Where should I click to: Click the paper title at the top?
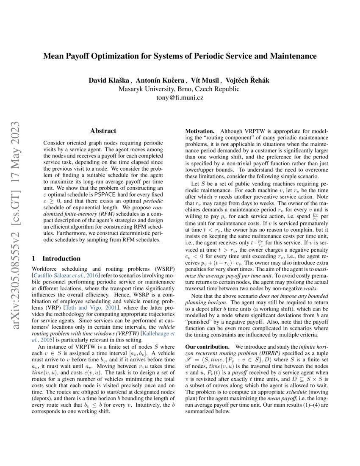(x=180, y=56)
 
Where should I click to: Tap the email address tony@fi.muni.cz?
(x=180, y=98)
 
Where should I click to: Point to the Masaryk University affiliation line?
(x=180, y=89)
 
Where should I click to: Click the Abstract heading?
(x=103, y=131)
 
